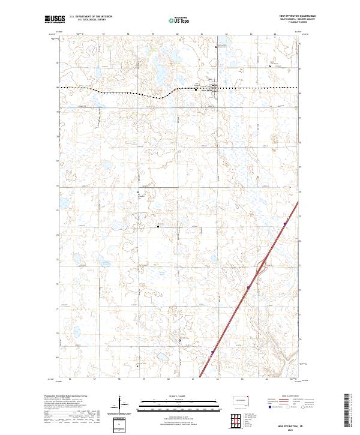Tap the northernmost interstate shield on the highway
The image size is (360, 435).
(x=286, y=223)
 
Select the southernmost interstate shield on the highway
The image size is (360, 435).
(x=212, y=353)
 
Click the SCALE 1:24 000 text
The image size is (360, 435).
(x=180, y=395)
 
